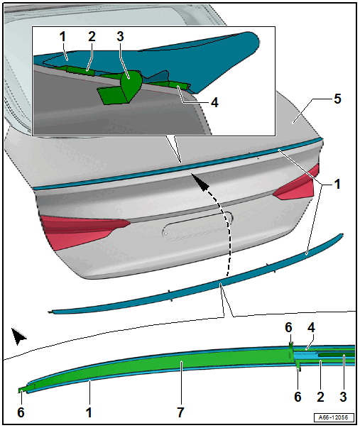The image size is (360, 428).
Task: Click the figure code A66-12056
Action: pos(334,417)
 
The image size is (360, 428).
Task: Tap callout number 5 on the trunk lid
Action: pos(337,99)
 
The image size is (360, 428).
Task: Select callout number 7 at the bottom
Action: pos(180,412)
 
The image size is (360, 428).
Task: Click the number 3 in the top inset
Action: pos(120,36)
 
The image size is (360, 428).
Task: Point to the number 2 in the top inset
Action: pos(92,36)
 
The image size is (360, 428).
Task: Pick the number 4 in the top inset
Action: pos(214,103)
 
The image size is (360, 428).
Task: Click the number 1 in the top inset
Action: pos(62,37)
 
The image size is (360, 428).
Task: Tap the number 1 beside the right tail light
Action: pos(337,184)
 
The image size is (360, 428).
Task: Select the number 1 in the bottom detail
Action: pos(89,412)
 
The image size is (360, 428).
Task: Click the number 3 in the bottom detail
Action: pos(344,396)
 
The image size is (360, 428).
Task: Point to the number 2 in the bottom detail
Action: pos(320,396)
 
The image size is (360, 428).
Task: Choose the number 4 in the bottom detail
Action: pos(312,327)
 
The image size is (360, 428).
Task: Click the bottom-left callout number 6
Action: pos(21,412)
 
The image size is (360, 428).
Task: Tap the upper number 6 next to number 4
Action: pos(288,327)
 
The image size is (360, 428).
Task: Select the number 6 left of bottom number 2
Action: pos(298,396)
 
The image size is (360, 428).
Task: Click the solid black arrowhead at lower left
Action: pos(18,336)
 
